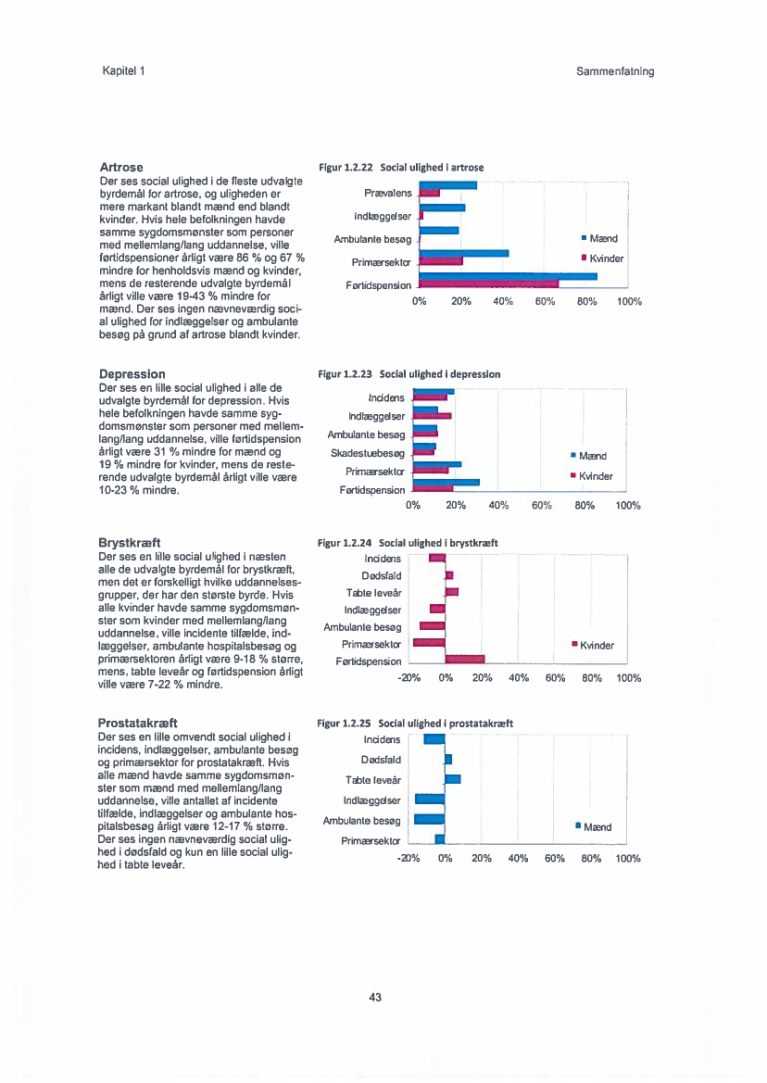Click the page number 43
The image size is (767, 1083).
pyautogui.click(x=375, y=998)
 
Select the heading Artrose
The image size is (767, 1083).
pyautogui.click(x=120, y=167)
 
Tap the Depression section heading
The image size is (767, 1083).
pyautogui.click(x=132, y=374)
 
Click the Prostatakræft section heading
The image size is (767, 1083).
pyautogui.click(x=138, y=722)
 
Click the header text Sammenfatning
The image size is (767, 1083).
pyautogui.click(x=609, y=71)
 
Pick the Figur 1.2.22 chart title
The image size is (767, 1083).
pyautogui.click(x=401, y=168)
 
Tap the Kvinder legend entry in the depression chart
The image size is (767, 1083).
pyautogui.click(x=592, y=476)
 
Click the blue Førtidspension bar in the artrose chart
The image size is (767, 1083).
pyautogui.click(x=509, y=276)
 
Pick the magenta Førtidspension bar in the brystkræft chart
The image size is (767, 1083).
pyautogui.click(x=464, y=659)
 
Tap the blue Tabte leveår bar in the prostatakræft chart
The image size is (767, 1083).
pyautogui.click(x=453, y=778)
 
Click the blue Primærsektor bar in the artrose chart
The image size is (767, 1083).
pyautogui.click(x=464, y=253)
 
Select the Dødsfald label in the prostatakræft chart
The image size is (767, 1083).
pyautogui.click(x=382, y=760)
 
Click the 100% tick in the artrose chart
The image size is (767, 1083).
pyautogui.click(x=629, y=301)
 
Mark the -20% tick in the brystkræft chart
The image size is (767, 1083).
pyautogui.click(x=409, y=677)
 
